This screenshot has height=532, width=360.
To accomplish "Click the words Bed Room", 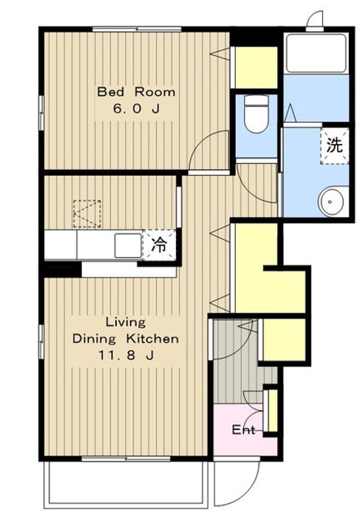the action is tap(136, 92).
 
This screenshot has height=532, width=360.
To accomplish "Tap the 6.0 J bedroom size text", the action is tap(136, 109).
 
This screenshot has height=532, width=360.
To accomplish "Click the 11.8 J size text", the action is tap(126, 355).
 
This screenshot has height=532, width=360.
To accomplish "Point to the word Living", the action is tap(126, 322).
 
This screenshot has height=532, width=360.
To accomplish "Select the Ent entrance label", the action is tap(243, 430).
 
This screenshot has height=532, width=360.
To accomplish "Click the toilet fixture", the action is tap(257, 113).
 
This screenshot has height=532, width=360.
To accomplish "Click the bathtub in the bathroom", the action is tap(316, 53).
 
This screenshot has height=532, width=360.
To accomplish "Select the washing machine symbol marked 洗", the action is tap(335, 146).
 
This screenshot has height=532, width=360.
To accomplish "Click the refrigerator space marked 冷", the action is tap(159, 245).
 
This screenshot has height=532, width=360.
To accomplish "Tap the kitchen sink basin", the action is tap(128, 245).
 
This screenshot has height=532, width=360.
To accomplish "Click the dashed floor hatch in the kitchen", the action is tap(87, 214).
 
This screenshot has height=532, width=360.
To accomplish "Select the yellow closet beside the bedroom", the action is tap(257, 68).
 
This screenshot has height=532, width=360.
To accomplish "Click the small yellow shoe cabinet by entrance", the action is tap(273, 411).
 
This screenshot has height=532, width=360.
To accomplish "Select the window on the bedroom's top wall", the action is tap(137, 29).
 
